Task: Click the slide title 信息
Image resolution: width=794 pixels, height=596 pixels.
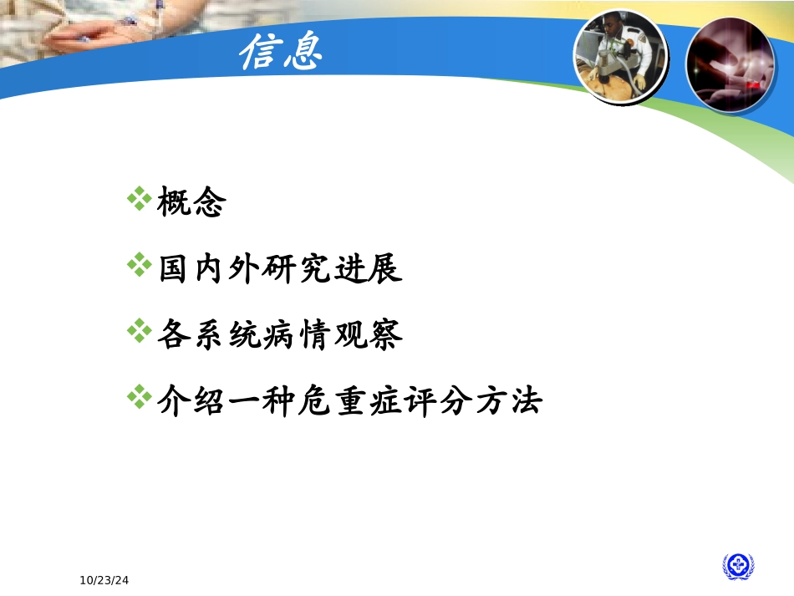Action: [280, 54]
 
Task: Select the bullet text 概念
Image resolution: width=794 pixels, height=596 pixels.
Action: [191, 203]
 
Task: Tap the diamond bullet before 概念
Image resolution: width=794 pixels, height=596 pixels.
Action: [139, 201]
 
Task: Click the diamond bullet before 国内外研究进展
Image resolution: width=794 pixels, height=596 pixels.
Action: [139, 267]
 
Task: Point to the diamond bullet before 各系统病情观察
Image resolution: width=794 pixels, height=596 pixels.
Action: [139, 334]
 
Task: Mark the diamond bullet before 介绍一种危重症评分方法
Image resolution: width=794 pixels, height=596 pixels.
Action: [139, 399]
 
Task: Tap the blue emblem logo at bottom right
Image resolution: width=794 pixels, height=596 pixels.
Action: [738, 567]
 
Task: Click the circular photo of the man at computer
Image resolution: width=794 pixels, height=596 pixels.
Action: [620, 56]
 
